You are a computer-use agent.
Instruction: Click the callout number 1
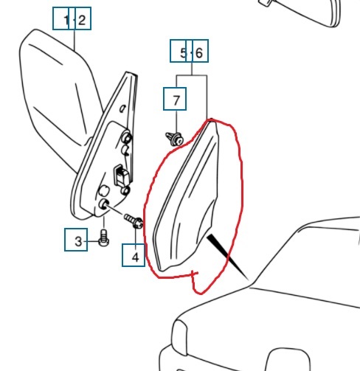[x=66, y=20]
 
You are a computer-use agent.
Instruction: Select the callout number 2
[x=82, y=20]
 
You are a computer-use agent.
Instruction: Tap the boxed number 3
[x=78, y=241]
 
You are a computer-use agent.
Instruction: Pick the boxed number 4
[x=135, y=257]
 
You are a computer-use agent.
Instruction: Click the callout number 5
[x=183, y=52]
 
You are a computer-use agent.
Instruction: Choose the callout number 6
[x=198, y=52]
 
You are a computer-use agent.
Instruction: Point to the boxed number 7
[x=176, y=100]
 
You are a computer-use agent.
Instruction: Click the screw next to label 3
[x=103, y=237]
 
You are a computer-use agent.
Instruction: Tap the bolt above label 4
[x=134, y=221]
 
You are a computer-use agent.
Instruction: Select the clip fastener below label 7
[x=175, y=139]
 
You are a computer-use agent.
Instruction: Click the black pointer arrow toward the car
[x=227, y=257]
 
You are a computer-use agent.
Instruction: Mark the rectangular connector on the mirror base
[x=121, y=175]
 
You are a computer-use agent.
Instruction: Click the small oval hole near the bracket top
[x=122, y=108]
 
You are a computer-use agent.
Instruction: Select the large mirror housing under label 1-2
[x=60, y=98]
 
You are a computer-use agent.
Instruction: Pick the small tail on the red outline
[x=195, y=282]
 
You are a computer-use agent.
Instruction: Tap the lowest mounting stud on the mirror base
[x=103, y=204]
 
